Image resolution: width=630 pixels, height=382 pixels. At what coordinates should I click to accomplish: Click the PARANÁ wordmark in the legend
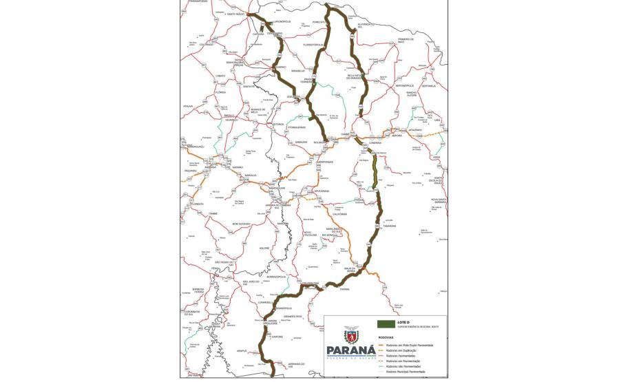pyautogui.click(x=352, y=350)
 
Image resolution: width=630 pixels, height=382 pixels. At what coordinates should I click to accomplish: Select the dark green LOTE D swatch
pyautogui.click(x=386, y=323)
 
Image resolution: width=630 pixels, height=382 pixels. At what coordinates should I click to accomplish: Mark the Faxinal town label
pyautogui.click(x=345, y=289)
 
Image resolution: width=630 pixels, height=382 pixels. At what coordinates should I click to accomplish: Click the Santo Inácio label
pyautogui.click(x=236, y=14)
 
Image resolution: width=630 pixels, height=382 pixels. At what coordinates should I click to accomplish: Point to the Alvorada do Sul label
pyautogui.click(x=366, y=25)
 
